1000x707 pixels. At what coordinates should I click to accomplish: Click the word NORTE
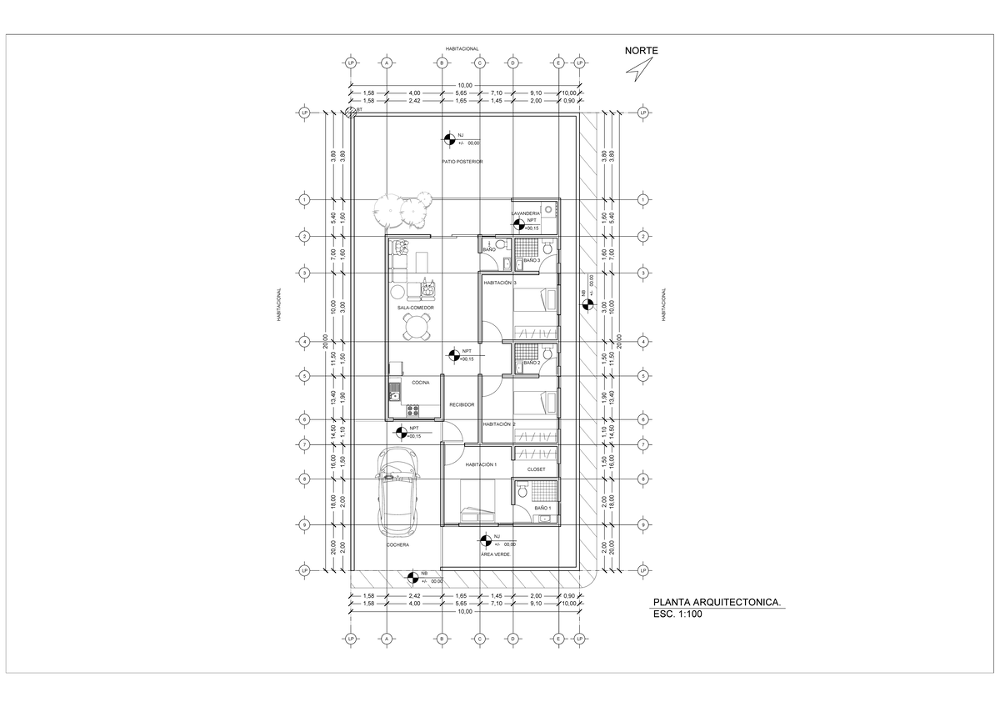point(642,51)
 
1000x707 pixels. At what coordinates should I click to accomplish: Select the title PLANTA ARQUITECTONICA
point(717,600)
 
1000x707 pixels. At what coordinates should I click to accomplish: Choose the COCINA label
point(420,383)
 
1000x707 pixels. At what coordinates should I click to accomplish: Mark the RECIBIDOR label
point(462,404)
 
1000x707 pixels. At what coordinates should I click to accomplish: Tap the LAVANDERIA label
point(526,213)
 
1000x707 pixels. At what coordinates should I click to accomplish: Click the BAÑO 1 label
point(542,507)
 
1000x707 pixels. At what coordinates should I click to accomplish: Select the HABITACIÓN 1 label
point(481,464)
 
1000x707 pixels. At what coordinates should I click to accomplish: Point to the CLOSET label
point(537,469)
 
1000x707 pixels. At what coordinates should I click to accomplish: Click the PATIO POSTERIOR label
point(462,161)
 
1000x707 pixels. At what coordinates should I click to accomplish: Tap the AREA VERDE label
point(495,554)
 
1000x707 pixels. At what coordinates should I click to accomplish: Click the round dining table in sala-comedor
point(415,331)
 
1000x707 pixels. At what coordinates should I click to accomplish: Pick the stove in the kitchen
point(412,409)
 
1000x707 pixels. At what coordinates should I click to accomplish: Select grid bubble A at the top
point(387,63)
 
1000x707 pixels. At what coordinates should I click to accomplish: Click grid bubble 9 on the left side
point(305,524)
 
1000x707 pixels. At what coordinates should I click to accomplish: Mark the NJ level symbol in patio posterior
point(448,138)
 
